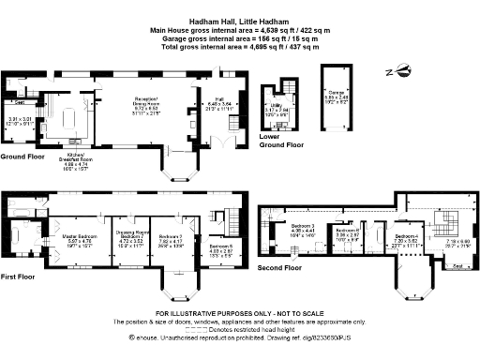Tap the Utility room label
tap(277, 110)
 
